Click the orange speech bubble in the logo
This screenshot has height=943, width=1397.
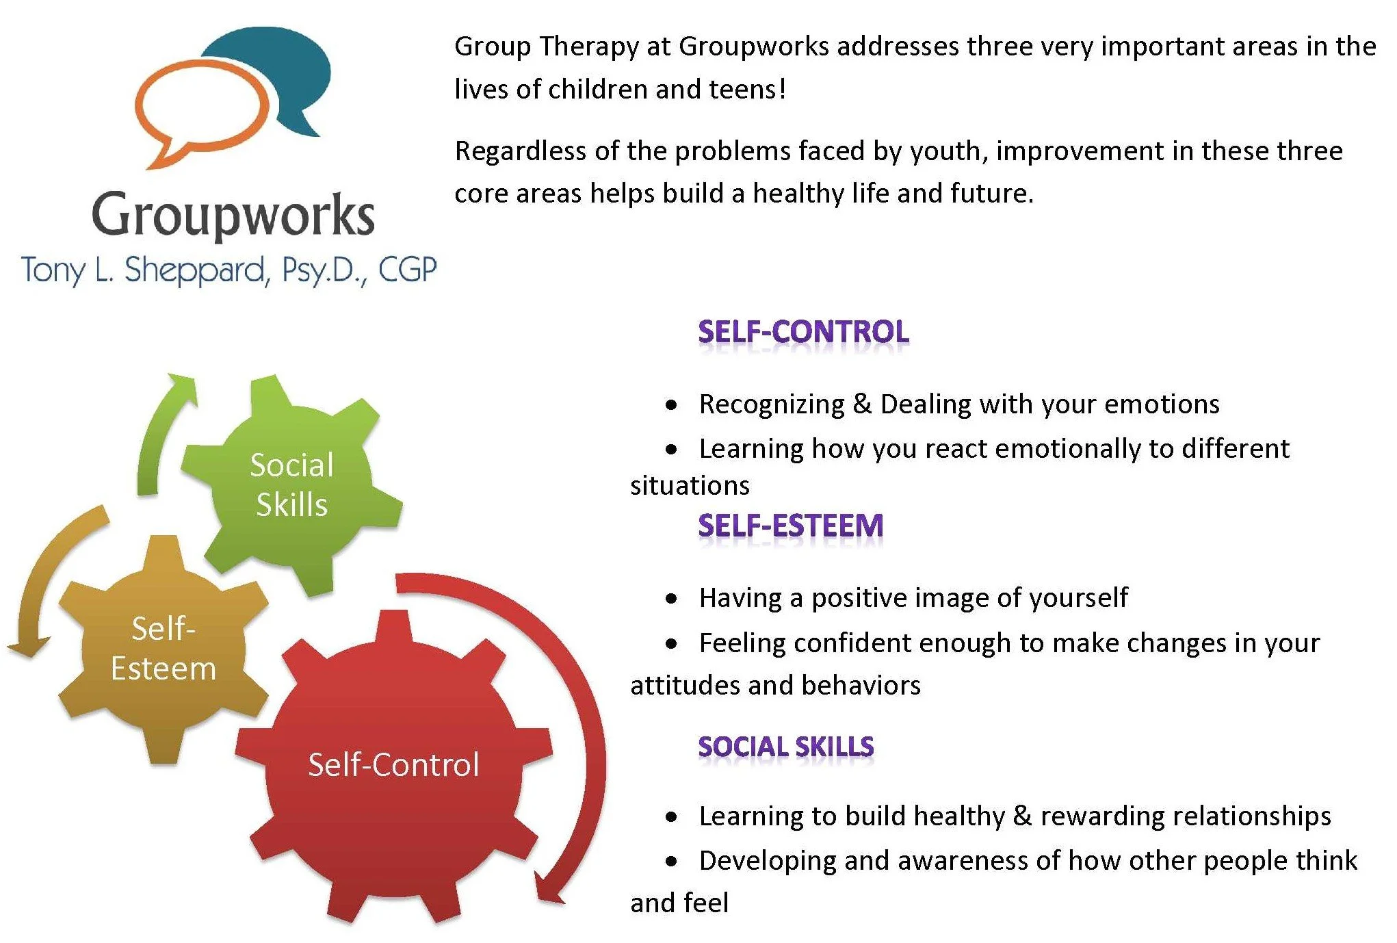point(198,113)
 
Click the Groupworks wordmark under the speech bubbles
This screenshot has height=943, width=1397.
point(233,215)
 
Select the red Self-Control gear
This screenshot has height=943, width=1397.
point(393,765)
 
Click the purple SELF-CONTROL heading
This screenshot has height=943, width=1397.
point(803,332)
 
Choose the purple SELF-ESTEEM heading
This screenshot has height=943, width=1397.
point(790,526)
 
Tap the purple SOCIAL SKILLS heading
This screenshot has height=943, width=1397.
point(785,746)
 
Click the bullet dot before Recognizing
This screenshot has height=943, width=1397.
point(672,405)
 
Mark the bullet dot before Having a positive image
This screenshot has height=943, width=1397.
point(672,599)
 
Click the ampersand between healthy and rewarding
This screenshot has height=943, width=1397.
point(1022,816)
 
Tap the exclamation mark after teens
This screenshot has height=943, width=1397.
point(782,89)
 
